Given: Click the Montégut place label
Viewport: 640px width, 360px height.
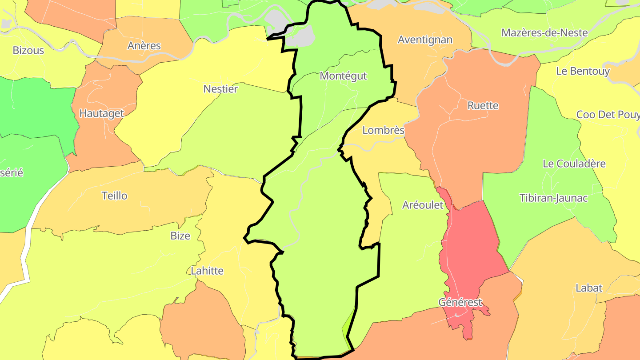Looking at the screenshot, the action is [343, 76].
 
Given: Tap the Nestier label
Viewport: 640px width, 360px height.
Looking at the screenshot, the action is [220, 89].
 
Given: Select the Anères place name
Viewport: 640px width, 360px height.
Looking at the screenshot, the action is [144, 45].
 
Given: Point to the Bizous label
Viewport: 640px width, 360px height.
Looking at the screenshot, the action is [28, 50].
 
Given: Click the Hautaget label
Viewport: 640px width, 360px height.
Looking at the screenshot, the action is [101, 113].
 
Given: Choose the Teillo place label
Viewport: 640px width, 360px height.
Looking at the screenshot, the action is [114, 196].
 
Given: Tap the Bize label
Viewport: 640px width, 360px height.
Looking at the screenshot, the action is [180, 236].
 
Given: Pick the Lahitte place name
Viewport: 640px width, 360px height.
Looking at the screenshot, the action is [207, 271].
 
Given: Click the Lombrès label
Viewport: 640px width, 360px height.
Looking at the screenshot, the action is [383, 130].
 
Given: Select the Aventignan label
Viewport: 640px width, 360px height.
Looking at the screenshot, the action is [425, 40].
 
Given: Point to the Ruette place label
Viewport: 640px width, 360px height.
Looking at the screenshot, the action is [483, 105].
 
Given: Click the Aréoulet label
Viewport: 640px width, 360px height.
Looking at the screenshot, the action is [423, 205].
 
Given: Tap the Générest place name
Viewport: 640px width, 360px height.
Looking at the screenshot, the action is [460, 302].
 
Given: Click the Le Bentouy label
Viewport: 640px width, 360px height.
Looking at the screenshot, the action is [583, 71].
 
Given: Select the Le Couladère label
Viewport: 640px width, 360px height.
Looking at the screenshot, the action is [574, 164].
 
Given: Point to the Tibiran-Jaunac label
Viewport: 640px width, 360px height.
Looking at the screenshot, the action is [553, 198].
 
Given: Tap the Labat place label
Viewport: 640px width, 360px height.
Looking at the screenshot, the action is [589, 288].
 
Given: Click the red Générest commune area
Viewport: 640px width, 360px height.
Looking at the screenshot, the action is [471, 249].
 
